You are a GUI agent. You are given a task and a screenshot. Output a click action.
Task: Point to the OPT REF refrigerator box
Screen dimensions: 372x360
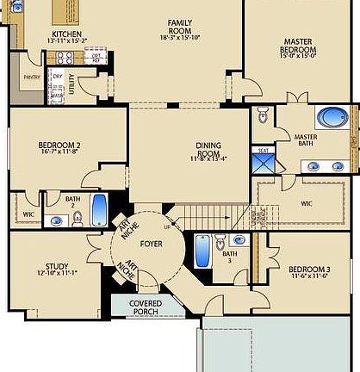click(x=97, y=58)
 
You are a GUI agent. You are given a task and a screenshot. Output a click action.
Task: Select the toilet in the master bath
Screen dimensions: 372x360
click(x=264, y=114)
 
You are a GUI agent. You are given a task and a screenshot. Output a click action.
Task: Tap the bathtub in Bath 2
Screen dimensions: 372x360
click(x=99, y=209)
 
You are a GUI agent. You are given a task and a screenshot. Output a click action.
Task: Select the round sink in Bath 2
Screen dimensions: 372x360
click(x=56, y=220)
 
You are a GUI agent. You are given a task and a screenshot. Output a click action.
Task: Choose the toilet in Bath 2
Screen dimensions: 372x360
click(x=78, y=219)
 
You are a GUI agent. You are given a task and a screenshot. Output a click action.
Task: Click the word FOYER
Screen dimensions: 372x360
click(x=152, y=244)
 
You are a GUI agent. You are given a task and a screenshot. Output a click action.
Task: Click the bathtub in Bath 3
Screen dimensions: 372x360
click(x=202, y=251)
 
